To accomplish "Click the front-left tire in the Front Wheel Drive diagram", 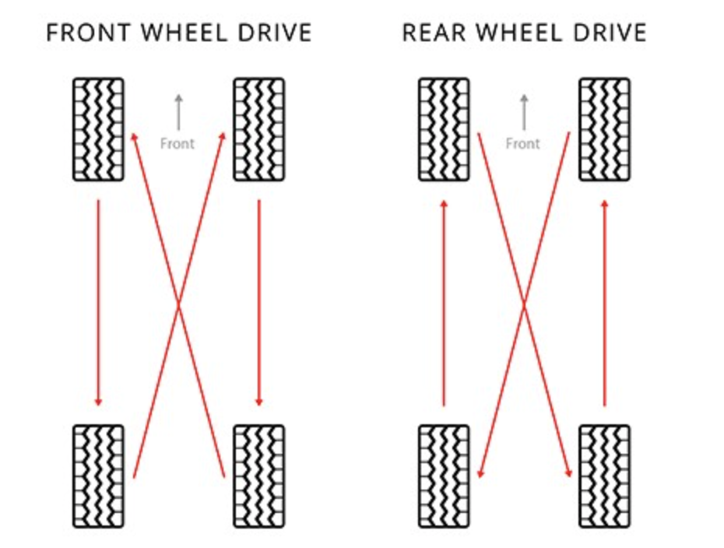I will pyautogui.click(x=98, y=129).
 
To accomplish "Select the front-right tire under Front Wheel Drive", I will pyautogui.click(x=259, y=129).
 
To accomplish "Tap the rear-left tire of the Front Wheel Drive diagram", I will pyautogui.click(x=98, y=476).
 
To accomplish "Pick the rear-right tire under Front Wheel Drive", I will pyautogui.click(x=259, y=476).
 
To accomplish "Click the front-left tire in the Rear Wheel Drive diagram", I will pyautogui.click(x=444, y=129).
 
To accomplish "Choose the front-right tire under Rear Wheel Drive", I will pyautogui.click(x=604, y=129).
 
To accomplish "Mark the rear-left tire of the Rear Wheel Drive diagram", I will pyautogui.click(x=444, y=476).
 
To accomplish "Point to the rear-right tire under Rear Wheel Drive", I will pyautogui.click(x=604, y=476).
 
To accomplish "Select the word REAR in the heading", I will pyautogui.click(x=433, y=33).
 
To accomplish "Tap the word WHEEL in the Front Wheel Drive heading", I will pyautogui.click(x=181, y=33).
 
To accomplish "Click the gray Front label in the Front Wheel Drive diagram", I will pyautogui.click(x=177, y=143).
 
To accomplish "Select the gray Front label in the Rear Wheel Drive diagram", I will pyautogui.click(x=523, y=143).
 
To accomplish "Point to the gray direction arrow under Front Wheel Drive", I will pyautogui.click(x=178, y=112).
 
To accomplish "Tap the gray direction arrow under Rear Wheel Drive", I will pyautogui.click(x=524, y=112).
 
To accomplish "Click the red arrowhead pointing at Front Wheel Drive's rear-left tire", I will pyautogui.click(x=98, y=401).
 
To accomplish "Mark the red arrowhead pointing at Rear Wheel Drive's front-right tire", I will pyautogui.click(x=604, y=204).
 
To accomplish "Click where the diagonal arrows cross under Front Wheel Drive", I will pyautogui.click(x=179, y=304).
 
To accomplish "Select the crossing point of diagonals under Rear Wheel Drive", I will pyautogui.click(x=525, y=304).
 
